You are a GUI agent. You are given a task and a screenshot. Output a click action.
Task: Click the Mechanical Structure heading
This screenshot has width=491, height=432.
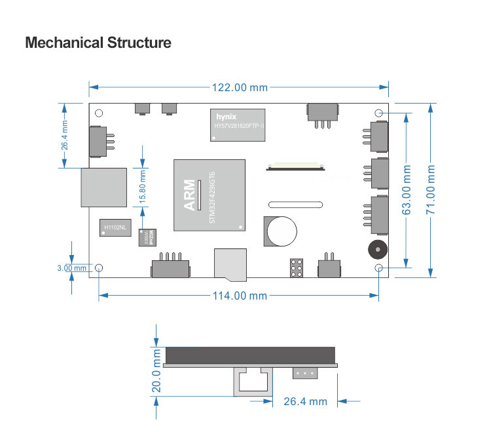(x=98, y=43)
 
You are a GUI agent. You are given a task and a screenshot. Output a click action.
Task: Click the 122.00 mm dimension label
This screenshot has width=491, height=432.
(x=239, y=87)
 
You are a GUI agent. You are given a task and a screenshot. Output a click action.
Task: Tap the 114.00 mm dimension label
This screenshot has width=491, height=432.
(x=240, y=296)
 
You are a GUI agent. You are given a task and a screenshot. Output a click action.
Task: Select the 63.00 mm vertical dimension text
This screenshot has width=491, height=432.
(x=407, y=190)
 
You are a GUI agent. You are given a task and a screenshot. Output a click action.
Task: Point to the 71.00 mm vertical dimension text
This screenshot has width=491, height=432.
(x=431, y=190)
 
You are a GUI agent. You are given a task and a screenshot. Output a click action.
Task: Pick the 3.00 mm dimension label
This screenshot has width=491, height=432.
(x=71, y=267)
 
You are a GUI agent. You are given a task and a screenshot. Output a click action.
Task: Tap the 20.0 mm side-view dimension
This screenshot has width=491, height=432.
(x=156, y=371)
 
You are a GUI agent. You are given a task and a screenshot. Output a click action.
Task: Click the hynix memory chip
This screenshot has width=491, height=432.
(x=238, y=125)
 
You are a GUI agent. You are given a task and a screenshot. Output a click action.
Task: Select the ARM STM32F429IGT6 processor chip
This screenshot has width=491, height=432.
(x=209, y=195)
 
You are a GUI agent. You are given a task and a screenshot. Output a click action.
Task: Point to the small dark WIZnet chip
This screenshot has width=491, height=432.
(x=149, y=235)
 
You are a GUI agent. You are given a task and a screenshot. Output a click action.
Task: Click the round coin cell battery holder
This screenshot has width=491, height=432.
(x=281, y=231)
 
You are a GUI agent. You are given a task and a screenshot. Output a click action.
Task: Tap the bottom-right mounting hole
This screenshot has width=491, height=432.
(x=379, y=268)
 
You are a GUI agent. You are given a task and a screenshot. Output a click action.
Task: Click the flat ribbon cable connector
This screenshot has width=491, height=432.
(x=295, y=165)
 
